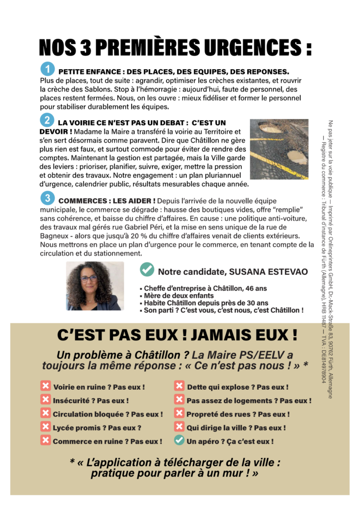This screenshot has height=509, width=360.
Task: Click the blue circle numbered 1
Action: (x=47, y=69)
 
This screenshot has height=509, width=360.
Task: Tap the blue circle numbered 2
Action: (x=47, y=120)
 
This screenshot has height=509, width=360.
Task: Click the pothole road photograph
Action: (x=278, y=149)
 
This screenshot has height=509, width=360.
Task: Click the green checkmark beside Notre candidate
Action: (x=147, y=270)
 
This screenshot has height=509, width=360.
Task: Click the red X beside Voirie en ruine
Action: (x=46, y=386)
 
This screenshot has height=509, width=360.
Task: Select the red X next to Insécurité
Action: (x=46, y=400)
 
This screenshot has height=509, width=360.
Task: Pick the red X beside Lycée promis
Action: (x=46, y=426)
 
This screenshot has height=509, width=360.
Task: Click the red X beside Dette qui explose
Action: (x=179, y=386)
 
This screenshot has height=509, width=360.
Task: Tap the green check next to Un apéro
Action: (x=179, y=440)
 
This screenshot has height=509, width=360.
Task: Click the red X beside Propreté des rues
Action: (x=179, y=413)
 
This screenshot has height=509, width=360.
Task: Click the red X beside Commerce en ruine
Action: (x=46, y=440)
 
